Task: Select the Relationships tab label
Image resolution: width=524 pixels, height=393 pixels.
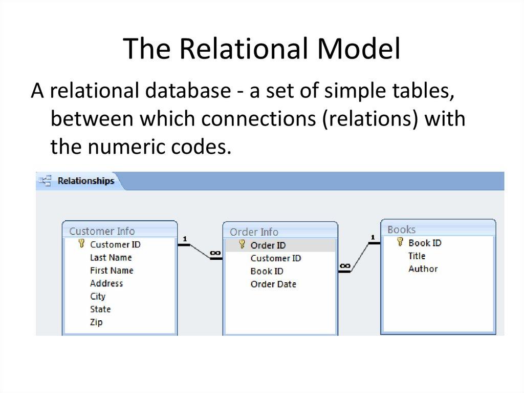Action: [x=85, y=181]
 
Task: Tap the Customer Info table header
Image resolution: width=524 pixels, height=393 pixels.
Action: [x=101, y=231]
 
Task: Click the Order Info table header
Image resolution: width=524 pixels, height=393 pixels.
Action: [x=254, y=232]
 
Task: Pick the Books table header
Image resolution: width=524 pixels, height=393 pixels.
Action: [x=401, y=230]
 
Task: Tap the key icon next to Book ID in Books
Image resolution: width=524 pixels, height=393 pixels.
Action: [x=400, y=242]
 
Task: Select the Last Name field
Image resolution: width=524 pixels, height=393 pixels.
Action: [x=111, y=257]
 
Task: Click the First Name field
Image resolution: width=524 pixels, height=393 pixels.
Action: [x=111, y=270]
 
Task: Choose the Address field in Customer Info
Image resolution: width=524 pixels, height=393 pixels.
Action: [x=106, y=283]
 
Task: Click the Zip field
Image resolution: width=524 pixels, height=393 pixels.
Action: [x=96, y=322]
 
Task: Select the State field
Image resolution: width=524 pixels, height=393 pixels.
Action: [x=100, y=309]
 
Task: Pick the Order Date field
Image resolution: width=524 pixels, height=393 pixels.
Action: [x=273, y=284]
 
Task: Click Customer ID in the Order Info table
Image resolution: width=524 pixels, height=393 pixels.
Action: [x=275, y=258]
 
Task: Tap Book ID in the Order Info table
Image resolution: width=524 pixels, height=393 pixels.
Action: [x=267, y=271]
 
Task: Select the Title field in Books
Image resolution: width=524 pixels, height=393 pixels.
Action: [x=417, y=256]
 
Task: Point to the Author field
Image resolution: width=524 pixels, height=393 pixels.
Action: [x=423, y=268]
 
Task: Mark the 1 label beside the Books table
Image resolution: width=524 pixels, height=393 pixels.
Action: [x=373, y=237]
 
